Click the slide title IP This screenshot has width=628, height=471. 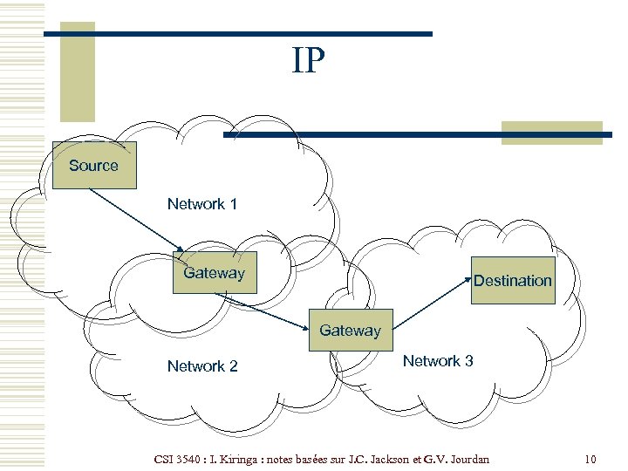click(309, 61)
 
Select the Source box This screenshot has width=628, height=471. click(94, 165)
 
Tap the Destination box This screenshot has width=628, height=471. click(513, 280)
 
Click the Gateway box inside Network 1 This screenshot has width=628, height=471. click(215, 273)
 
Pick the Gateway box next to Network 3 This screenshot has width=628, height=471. click(350, 331)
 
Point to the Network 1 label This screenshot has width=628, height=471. click(202, 204)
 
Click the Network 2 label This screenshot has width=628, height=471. click(202, 366)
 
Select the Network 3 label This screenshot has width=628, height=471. click(438, 361)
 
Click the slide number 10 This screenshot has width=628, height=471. click(590, 459)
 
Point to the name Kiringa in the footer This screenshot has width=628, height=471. click(229, 459)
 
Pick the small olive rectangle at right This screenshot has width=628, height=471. click(551, 133)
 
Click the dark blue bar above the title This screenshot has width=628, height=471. click(237, 34)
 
